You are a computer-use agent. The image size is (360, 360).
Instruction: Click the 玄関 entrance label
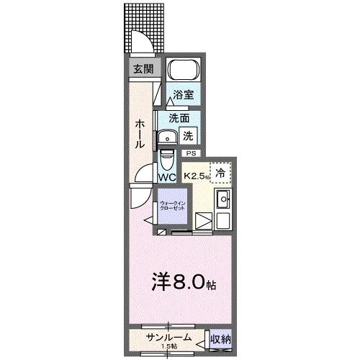tap(142, 69)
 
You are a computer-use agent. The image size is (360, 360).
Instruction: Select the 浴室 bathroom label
tap(183, 94)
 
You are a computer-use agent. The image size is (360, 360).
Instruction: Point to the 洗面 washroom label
tap(179, 117)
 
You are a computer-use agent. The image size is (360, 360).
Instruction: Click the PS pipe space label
tap(191, 153)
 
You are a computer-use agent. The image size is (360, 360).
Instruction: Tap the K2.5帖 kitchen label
tap(197, 175)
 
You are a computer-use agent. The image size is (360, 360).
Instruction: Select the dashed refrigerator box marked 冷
tap(222, 173)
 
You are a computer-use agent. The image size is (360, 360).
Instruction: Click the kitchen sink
tap(223, 199)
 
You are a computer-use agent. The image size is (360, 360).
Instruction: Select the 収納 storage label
tap(220, 338)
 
